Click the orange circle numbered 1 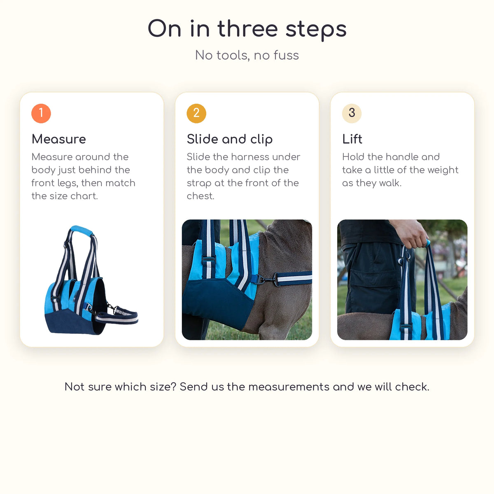(x=41, y=113)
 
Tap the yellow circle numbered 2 (x=196, y=113)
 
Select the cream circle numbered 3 (x=352, y=113)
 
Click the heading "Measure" (x=59, y=139)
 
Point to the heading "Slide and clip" (x=230, y=140)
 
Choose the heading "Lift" (x=352, y=139)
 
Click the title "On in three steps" (x=247, y=29)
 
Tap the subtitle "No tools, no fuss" (x=247, y=56)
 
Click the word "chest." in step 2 (x=200, y=196)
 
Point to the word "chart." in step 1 (x=84, y=196)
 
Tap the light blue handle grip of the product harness (x=82, y=231)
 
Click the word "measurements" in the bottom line (x=289, y=387)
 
